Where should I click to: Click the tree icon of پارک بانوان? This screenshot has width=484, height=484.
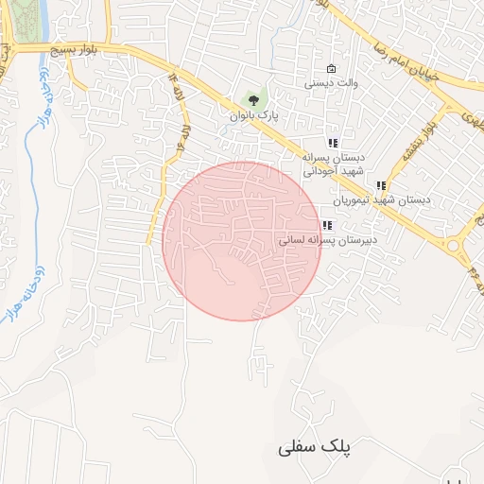252,98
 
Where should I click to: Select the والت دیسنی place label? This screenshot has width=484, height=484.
330,84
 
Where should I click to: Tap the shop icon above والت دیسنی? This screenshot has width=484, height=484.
330,69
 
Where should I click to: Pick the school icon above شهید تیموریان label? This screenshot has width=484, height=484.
381,186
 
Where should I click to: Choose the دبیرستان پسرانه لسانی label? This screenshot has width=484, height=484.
328,240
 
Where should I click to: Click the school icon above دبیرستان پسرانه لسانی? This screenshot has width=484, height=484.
327,225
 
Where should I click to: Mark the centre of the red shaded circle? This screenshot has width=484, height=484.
242,241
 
